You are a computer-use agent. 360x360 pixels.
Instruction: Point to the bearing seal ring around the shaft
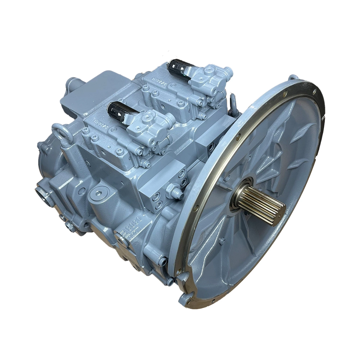(240, 192)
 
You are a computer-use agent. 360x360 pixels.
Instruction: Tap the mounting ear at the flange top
(293, 78)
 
